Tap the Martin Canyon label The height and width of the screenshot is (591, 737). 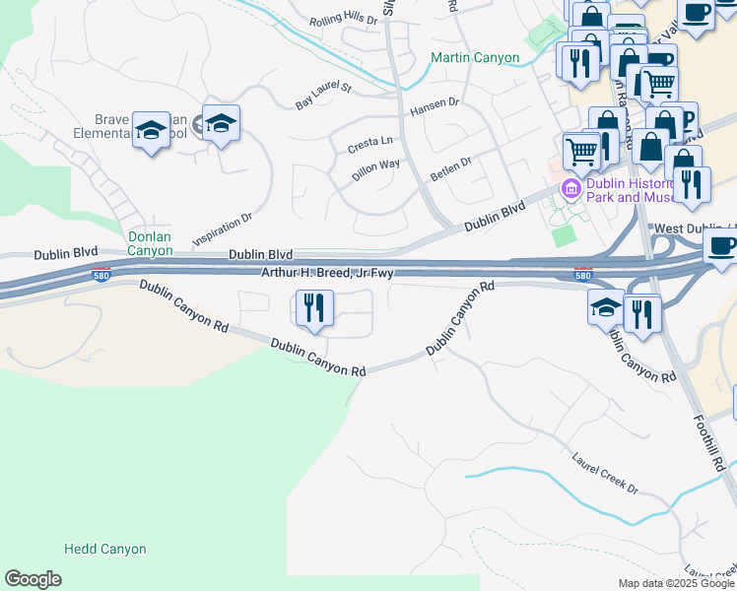coord(475,58)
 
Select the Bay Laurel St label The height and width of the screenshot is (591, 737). coord(323,96)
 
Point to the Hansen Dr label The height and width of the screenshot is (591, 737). coord(435,101)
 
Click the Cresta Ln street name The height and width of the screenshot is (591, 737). coord(369,146)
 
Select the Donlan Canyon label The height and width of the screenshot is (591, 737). coord(151,243)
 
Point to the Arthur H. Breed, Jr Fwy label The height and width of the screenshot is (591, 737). coord(328,272)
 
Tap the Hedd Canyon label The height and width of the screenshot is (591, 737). coord(104,549)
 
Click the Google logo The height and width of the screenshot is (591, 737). coord(33,579)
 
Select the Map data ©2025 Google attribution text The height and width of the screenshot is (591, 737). coord(676,583)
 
